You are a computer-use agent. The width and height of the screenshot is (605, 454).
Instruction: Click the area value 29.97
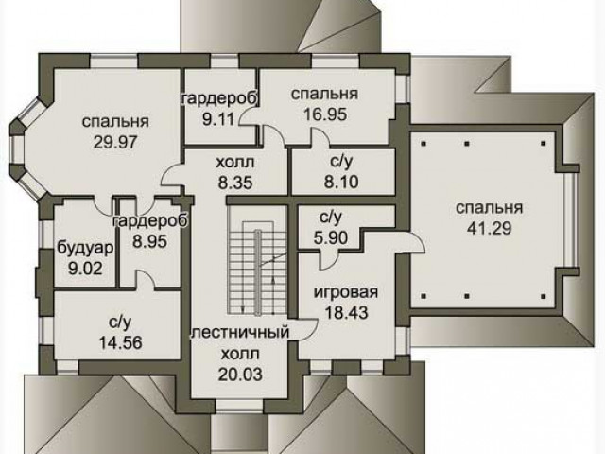click(115, 143)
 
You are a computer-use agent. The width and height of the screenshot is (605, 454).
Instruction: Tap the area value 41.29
click(490, 229)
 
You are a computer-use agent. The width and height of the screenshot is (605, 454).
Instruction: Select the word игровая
click(346, 292)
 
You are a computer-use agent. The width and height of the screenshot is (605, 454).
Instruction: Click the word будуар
click(86, 248)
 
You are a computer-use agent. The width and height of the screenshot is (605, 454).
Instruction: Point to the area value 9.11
click(218, 119)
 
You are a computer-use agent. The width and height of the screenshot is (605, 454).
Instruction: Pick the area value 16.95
click(325, 114)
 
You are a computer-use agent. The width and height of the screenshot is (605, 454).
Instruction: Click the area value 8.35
click(235, 183)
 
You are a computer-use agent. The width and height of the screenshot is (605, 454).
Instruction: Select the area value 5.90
click(331, 237)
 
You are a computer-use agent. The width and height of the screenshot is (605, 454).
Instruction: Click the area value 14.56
click(121, 342)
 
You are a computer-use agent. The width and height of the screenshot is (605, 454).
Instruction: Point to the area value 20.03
click(240, 375)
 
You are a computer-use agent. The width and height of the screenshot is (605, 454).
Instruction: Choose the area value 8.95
click(149, 242)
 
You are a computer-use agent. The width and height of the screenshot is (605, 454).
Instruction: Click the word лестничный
click(240, 333)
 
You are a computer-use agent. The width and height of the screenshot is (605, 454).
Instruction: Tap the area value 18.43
click(346, 312)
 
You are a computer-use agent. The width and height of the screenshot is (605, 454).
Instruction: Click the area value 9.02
click(85, 269)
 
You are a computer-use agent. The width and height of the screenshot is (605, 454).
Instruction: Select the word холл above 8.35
click(235, 162)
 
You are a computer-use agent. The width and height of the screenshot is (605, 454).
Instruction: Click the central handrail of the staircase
click(257, 271)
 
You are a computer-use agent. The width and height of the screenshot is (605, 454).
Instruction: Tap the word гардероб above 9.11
click(219, 99)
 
